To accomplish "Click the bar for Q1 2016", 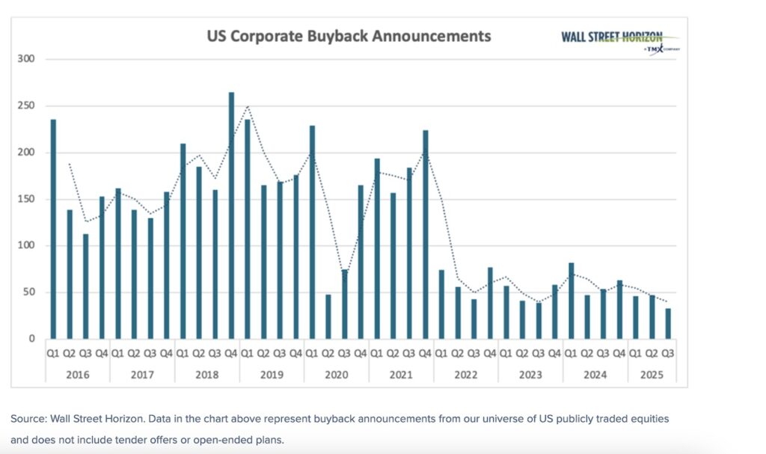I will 53,229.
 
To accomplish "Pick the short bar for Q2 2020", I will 328,316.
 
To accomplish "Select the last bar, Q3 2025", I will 667,323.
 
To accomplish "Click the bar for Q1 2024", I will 571,301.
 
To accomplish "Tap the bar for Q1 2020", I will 312,232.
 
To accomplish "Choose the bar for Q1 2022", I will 441,304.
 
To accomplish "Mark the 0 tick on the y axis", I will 32,339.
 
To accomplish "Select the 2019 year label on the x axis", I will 272,374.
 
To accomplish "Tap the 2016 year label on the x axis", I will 77,374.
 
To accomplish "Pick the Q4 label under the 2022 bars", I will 490,353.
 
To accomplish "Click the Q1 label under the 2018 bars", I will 183,353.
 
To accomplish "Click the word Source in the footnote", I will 27,419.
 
